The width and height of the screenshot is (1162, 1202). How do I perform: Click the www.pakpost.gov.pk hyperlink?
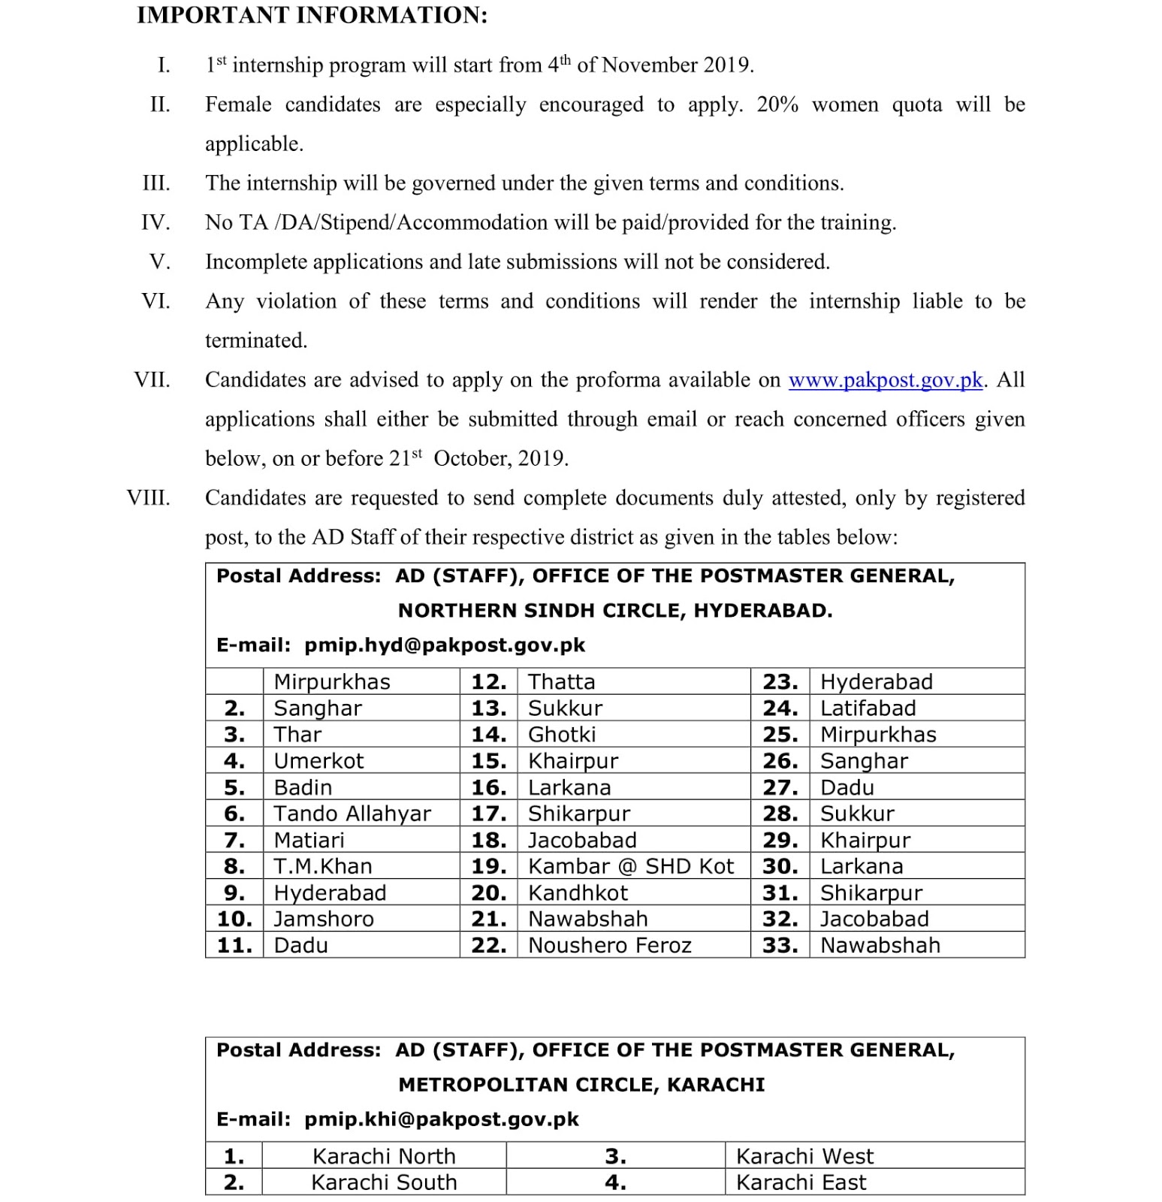(x=885, y=380)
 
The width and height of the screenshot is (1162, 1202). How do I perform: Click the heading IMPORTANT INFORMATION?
(x=312, y=15)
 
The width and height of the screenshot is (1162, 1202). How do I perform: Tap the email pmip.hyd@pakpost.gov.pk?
(x=444, y=645)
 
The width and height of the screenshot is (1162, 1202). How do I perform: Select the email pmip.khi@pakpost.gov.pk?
(x=441, y=1119)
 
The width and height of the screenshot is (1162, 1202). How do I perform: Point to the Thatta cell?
(x=561, y=682)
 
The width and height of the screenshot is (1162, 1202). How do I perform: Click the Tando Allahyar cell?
(x=352, y=814)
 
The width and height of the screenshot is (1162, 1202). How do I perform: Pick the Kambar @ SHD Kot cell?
(x=630, y=866)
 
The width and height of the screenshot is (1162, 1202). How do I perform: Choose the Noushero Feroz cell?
(x=609, y=945)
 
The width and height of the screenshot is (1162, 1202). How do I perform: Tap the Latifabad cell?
(x=868, y=708)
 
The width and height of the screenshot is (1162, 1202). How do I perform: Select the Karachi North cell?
(x=384, y=1156)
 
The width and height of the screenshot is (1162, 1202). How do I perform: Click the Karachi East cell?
(x=801, y=1182)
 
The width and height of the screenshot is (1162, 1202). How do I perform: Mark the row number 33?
(x=780, y=945)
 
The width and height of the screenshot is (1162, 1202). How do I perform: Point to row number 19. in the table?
(x=488, y=866)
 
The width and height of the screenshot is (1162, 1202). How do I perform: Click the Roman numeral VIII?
(x=148, y=498)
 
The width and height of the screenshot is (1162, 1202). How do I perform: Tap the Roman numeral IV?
(x=155, y=222)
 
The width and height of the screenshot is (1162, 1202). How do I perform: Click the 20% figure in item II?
(x=777, y=104)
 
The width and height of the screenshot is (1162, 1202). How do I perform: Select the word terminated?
(x=256, y=340)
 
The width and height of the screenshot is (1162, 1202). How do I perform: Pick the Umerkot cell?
(x=318, y=761)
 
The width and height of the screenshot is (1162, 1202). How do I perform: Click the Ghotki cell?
(x=562, y=735)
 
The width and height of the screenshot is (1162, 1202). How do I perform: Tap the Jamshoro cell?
(x=323, y=919)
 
